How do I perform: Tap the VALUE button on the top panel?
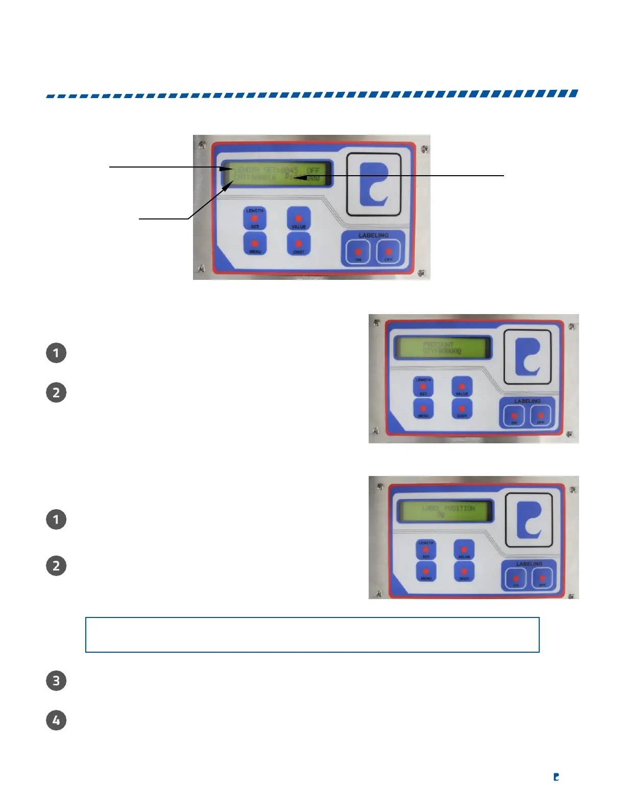pyautogui.click(x=299, y=218)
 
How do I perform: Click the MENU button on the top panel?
pyautogui.click(x=255, y=244)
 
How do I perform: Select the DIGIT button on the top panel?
pyautogui.click(x=299, y=244)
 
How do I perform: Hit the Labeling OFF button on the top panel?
pyautogui.click(x=389, y=252)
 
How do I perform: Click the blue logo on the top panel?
pyautogui.click(x=374, y=184)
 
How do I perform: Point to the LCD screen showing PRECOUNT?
pyautogui.click(x=442, y=348)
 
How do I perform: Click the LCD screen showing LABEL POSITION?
pyautogui.click(x=445, y=511)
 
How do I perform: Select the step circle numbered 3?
pyautogui.click(x=56, y=681)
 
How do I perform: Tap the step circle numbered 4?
pyautogui.click(x=56, y=721)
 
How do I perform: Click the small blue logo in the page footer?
pyautogui.click(x=556, y=777)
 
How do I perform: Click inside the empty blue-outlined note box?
pyautogui.click(x=312, y=635)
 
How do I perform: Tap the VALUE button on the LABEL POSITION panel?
pyautogui.click(x=464, y=551)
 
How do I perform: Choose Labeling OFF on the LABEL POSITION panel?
pyautogui.click(x=542, y=579)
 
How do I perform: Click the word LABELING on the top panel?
pyautogui.click(x=373, y=235)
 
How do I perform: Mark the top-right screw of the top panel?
pyautogui.click(x=424, y=149)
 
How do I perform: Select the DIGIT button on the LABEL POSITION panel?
pyautogui.click(x=464, y=573)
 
